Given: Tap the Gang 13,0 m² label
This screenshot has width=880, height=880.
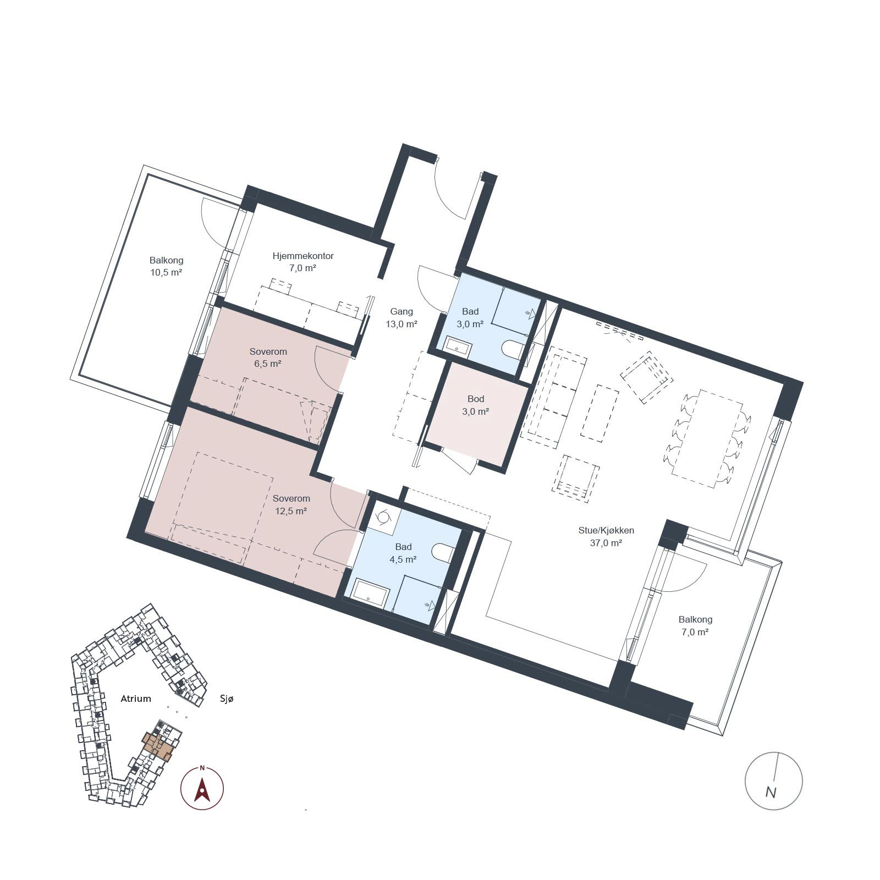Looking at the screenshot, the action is click(x=402, y=317).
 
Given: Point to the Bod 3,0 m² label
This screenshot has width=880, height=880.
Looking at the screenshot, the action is click(x=476, y=405).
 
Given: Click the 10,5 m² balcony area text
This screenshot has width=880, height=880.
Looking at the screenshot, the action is click(x=166, y=272).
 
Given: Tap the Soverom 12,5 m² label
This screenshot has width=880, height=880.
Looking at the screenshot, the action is click(x=291, y=504).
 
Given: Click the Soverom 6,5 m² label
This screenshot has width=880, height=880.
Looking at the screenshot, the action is click(x=268, y=358).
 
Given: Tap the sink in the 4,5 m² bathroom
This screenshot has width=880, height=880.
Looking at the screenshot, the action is click(x=371, y=592).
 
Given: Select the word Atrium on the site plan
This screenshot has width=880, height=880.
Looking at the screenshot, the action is click(x=136, y=698).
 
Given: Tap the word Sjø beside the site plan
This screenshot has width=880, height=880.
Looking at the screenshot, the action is click(x=227, y=699).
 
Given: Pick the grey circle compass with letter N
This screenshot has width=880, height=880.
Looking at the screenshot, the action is click(x=773, y=780).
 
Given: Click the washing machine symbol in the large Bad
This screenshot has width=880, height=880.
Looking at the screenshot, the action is click(x=383, y=518).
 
